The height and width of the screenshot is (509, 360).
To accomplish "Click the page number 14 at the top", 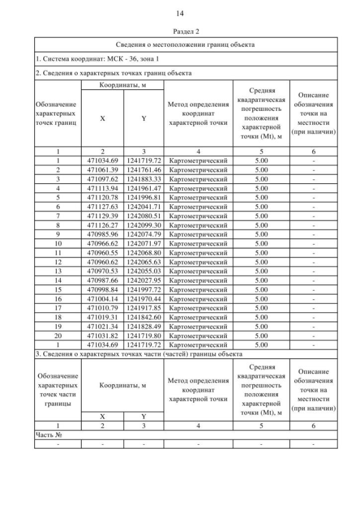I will pos(180,13).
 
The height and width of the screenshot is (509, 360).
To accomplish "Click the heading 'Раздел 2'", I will pos(180,31).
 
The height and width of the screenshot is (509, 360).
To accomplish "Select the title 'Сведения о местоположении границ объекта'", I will pos(186,44).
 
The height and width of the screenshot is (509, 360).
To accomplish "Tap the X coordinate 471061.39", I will pos(102,169).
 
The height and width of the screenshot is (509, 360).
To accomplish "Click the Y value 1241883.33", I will pos(143,178).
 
